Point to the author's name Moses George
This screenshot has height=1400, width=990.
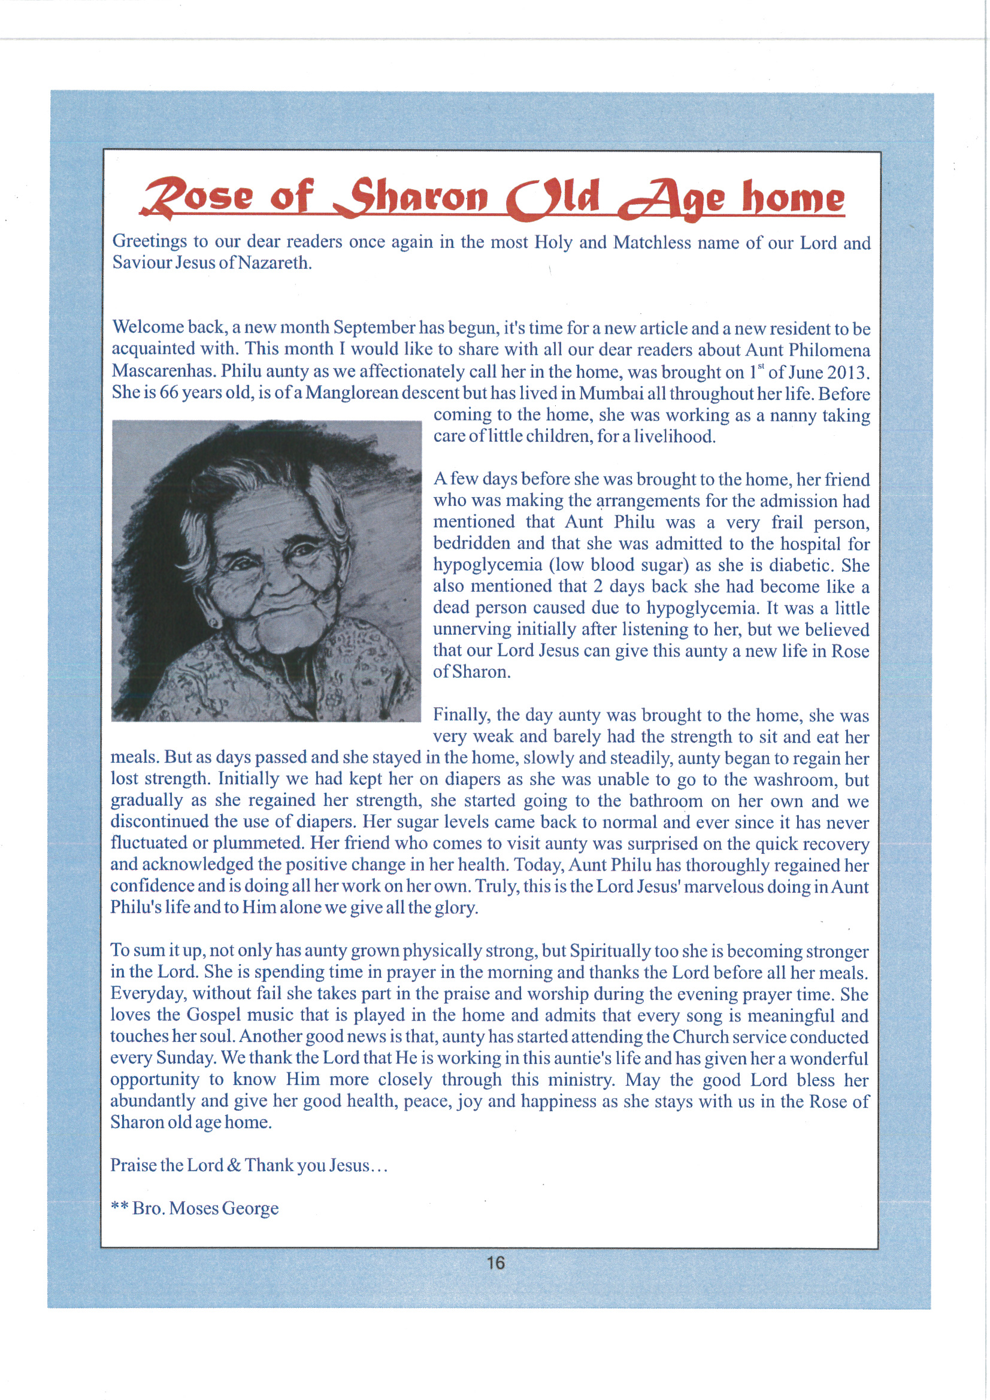223,1208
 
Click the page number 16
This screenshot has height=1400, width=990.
495,1262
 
